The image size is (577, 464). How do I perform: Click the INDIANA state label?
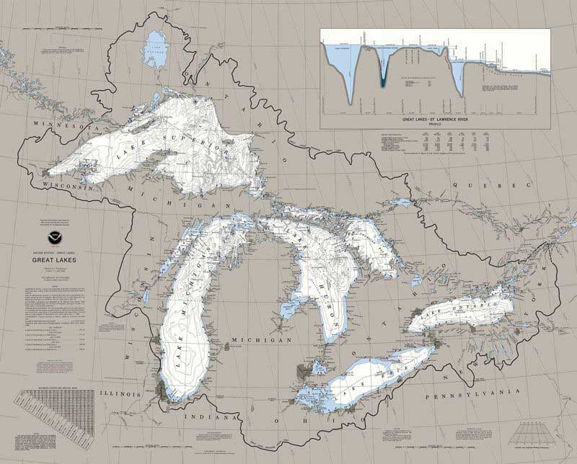tap(210, 417)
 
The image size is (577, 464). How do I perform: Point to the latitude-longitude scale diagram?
tap(534, 432)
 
